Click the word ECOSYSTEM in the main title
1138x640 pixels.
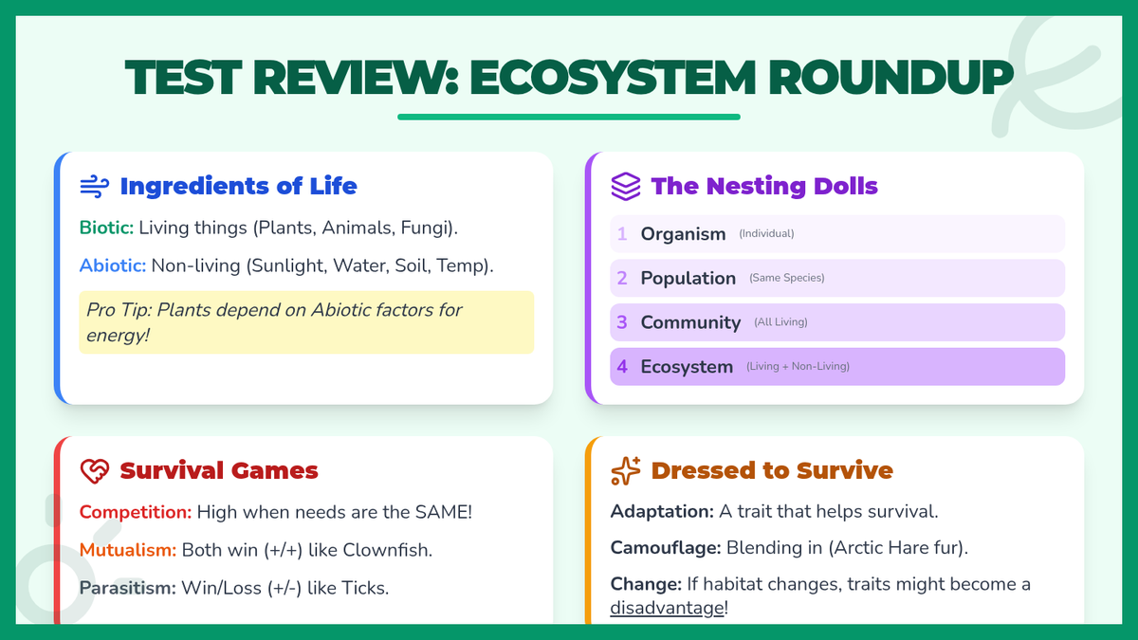(613, 78)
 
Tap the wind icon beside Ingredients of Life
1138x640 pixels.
(95, 187)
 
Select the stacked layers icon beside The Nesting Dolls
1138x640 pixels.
(625, 187)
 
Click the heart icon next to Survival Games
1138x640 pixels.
(95, 471)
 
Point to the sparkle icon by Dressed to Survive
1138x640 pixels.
(625, 471)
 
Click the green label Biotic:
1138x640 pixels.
(106, 228)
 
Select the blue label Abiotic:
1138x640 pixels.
(112, 265)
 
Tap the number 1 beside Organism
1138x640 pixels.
(622, 233)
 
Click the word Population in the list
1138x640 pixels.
(688, 279)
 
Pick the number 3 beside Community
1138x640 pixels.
(622, 322)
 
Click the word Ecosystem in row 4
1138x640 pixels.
(687, 367)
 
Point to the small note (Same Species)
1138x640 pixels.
(786, 278)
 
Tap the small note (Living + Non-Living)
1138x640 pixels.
(798, 366)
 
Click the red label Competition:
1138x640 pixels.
(135, 512)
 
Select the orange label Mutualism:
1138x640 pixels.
(127, 550)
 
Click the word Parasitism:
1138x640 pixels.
(127, 588)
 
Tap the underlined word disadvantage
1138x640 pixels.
(667, 608)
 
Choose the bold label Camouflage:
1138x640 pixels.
(666, 548)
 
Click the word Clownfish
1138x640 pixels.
(386, 550)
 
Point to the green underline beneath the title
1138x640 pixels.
(568, 117)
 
